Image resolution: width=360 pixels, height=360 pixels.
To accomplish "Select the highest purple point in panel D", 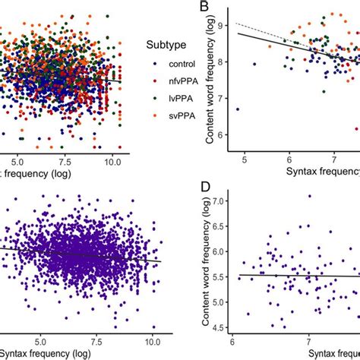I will point(309,196).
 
